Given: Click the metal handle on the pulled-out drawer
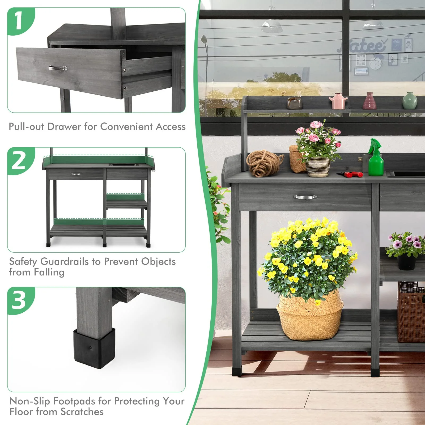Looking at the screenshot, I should click(58, 68).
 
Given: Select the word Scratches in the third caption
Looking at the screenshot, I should click(82, 412).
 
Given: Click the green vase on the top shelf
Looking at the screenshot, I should click(409, 101).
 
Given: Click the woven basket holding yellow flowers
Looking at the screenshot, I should click(310, 316).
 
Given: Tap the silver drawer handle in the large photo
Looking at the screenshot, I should click(305, 197).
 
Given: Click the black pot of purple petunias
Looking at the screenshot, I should click(406, 262).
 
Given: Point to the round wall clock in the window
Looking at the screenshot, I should click(375, 63).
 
